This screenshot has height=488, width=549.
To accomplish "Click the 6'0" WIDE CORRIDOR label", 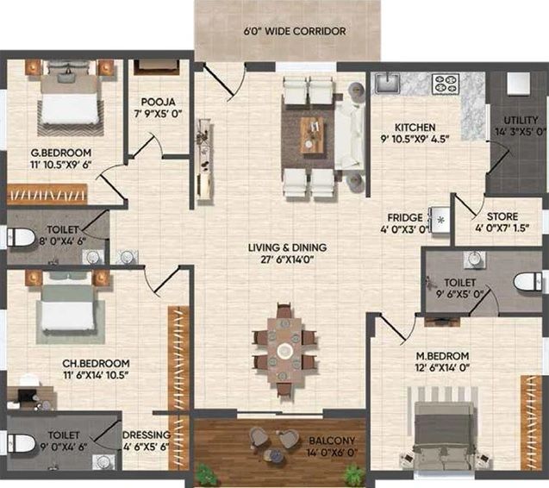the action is tap(295, 31).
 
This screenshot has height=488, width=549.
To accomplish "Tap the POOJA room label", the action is tap(158, 102).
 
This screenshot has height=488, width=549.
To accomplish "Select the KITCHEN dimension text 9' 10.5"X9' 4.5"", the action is tap(415, 139).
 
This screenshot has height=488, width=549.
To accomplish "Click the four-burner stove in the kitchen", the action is tap(446, 84).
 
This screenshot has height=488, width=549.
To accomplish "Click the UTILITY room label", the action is tap(521, 120).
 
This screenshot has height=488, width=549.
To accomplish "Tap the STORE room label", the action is tap(502, 216).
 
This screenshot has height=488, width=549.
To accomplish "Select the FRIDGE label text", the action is tap(405, 217).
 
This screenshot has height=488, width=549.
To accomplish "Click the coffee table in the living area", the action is tap(312, 135).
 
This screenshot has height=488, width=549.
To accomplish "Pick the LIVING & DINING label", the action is tap(288, 247).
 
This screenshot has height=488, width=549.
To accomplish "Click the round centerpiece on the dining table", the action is tap(284, 350).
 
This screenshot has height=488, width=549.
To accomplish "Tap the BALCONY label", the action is tap(332, 441).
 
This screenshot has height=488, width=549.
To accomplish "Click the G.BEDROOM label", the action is tap(61, 153).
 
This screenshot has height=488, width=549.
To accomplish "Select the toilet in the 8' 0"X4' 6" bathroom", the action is tap(21, 237).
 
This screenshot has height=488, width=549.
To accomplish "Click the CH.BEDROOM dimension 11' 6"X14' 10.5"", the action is tap(96, 375).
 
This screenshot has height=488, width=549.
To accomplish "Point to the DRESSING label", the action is tap(147, 435).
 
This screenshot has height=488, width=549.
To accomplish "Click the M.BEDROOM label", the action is tap(442, 356).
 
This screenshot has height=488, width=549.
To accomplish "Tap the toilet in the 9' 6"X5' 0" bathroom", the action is tap(528, 282).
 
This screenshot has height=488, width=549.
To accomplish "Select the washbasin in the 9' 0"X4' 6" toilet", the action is tap(103, 461).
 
